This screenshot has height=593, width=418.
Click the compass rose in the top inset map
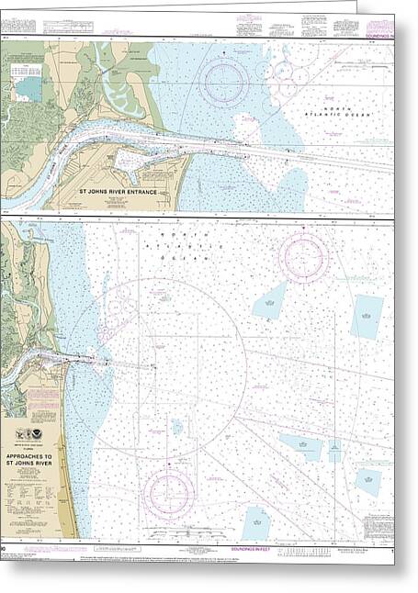(223, 83)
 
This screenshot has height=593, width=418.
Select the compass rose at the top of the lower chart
(303, 256)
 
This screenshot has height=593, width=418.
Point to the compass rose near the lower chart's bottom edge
(168, 493)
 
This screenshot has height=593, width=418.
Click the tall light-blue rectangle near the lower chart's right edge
(366, 317)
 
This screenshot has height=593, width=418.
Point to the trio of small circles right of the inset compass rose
(282, 84)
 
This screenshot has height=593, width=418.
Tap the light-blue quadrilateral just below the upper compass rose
(270, 301)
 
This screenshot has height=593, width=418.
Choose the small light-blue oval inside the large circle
(176, 426)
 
